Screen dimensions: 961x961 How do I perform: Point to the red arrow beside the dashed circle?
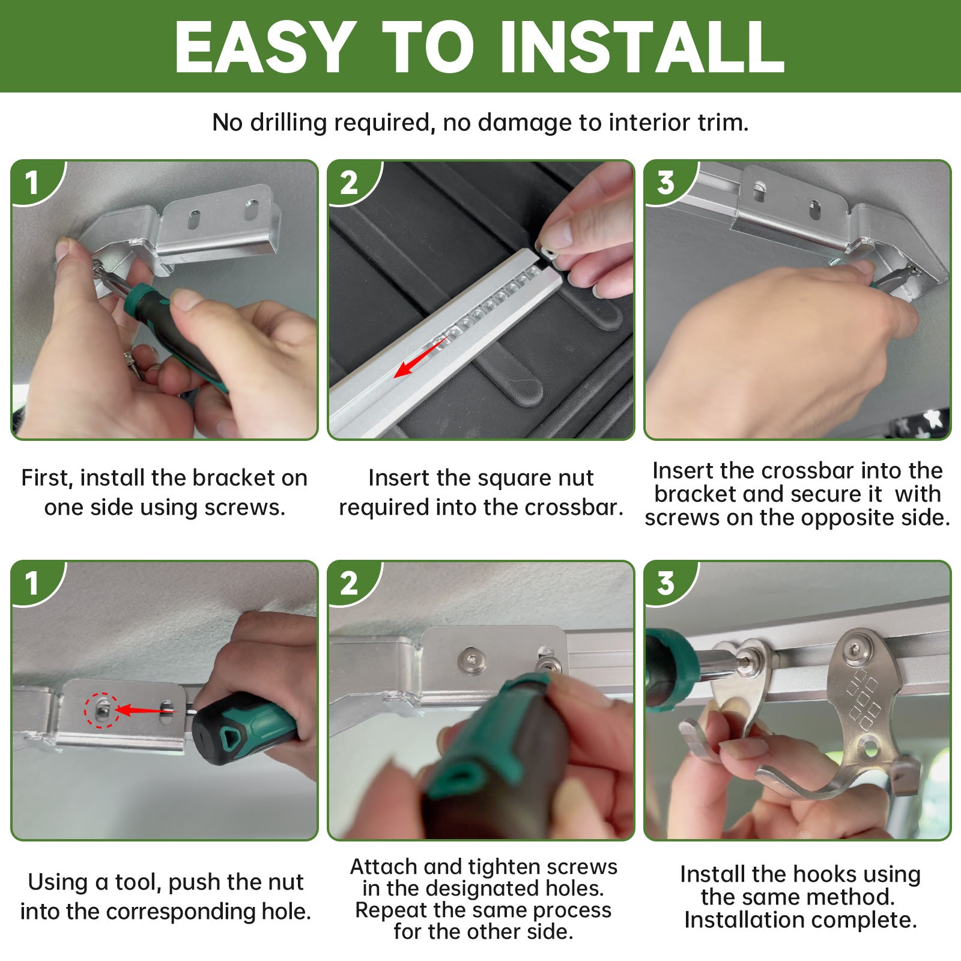click(146, 711)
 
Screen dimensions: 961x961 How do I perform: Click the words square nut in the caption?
click(519, 479)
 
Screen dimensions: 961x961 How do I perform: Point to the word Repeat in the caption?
click(388, 911)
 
